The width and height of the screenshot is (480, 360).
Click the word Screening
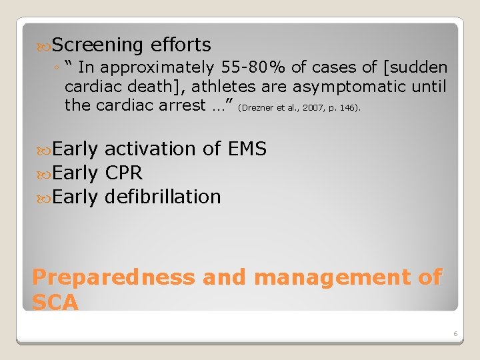[x=97, y=45]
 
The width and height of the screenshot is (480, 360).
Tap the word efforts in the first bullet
[x=181, y=45]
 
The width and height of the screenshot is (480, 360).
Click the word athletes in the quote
[x=225, y=86]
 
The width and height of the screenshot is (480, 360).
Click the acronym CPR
[x=124, y=173]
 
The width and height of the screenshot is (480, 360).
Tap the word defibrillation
[x=163, y=197]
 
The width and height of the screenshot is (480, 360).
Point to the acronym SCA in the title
[x=55, y=303]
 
